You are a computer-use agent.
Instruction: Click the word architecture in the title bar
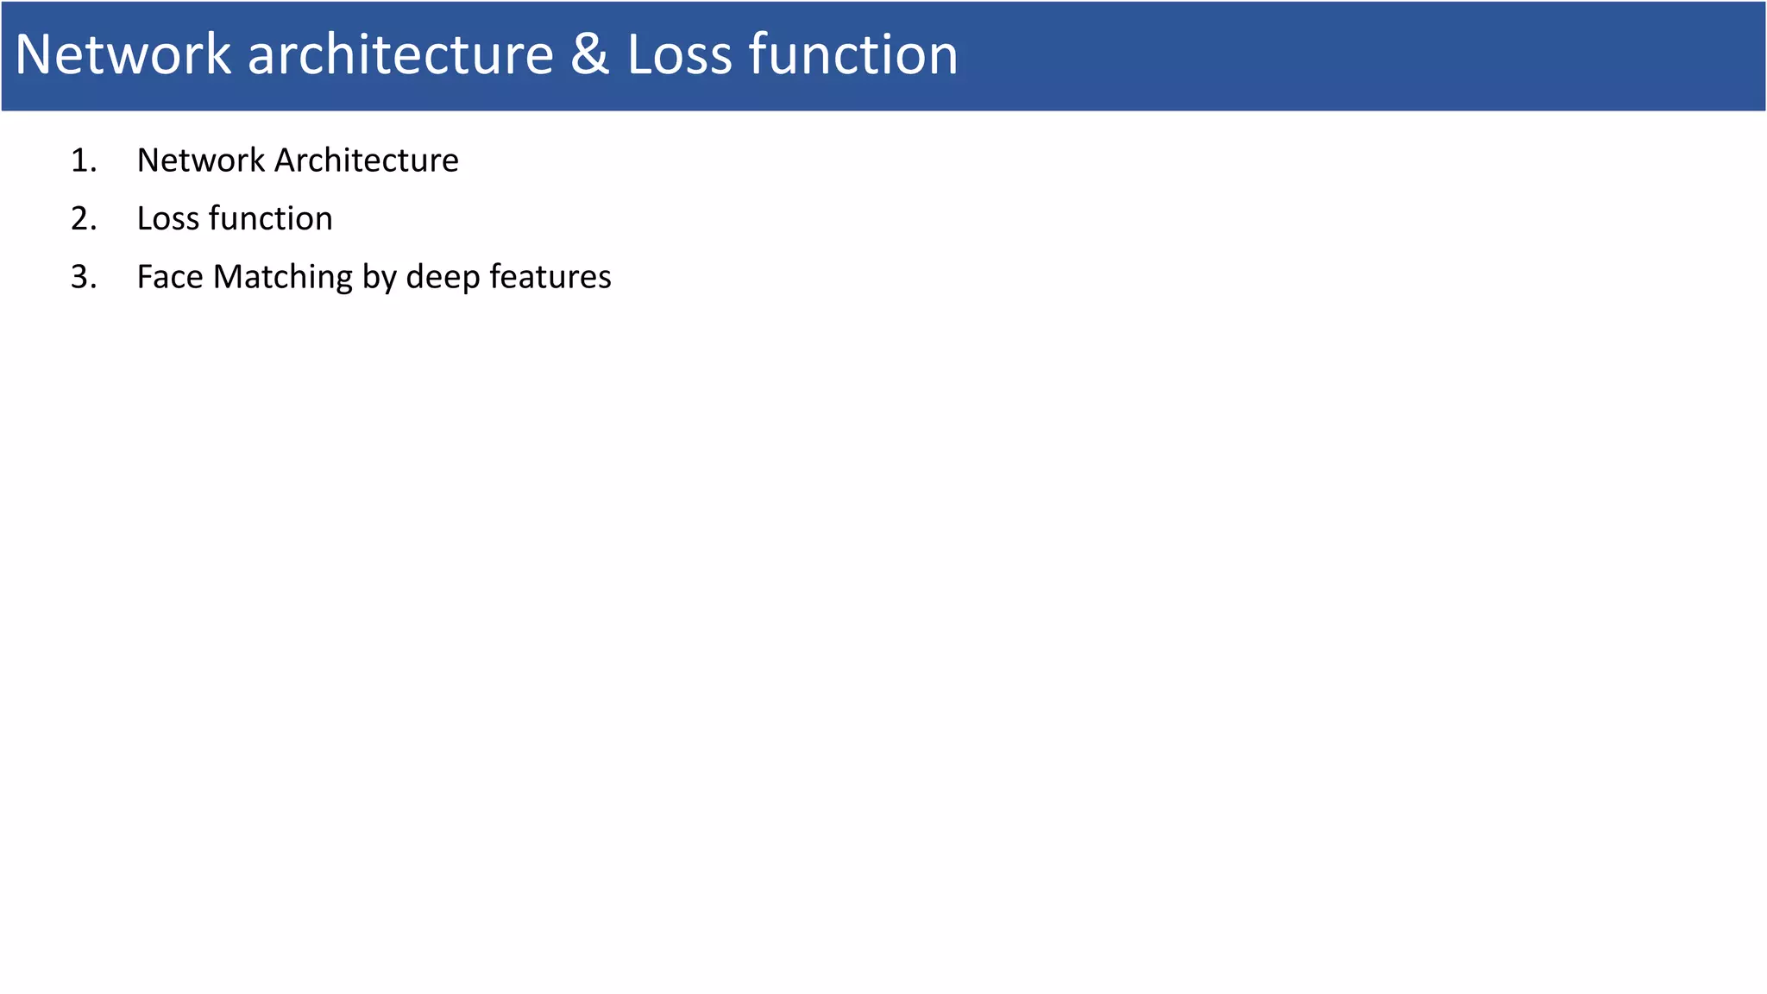tap(400, 54)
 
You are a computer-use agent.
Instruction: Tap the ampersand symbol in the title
tap(589, 54)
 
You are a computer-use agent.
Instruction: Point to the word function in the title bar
tap(853, 54)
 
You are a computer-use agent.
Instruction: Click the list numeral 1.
tap(83, 160)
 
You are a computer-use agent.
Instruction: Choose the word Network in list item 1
tap(200, 160)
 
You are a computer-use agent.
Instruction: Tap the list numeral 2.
tap(83, 219)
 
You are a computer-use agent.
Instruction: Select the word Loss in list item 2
tap(167, 219)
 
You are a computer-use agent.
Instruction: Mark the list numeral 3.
tap(83, 277)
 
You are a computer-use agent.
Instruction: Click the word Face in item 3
tap(170, 277)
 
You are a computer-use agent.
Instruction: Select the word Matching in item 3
tap(283, 278)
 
